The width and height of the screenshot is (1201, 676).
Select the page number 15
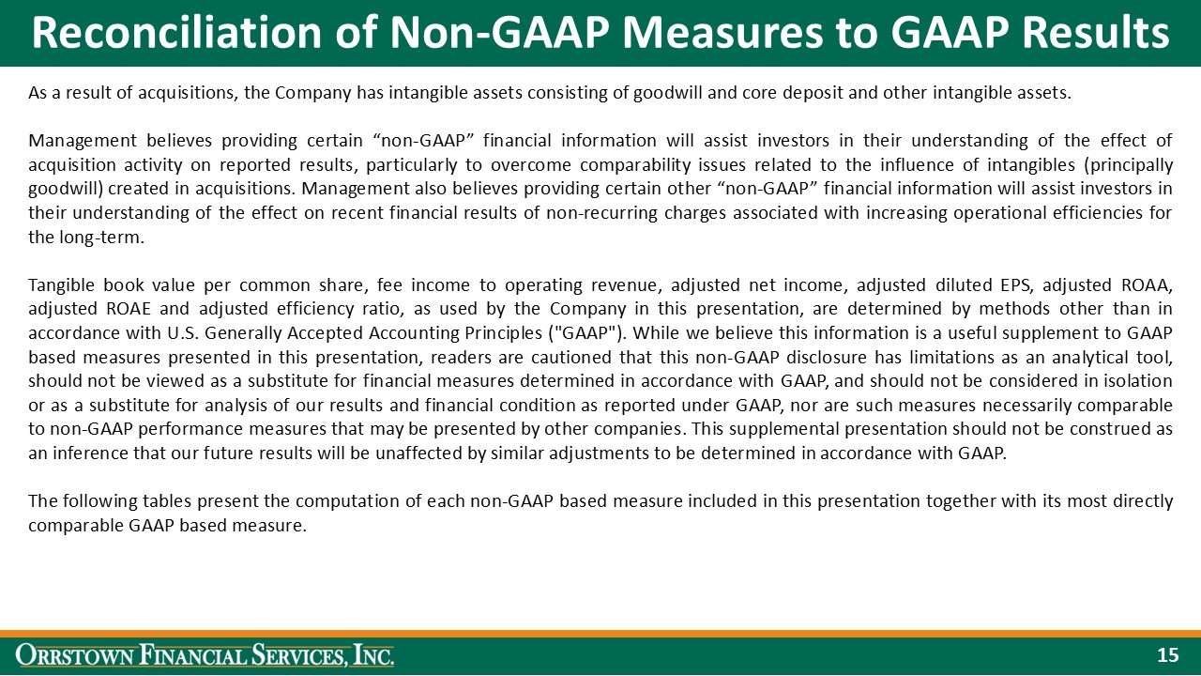pyautogui.click(x=1167, y=655)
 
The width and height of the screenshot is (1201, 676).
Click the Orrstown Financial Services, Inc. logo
pyautogui.click(x=206, y=655)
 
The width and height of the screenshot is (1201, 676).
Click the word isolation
pyautogui.click(x=1138, y=381)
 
